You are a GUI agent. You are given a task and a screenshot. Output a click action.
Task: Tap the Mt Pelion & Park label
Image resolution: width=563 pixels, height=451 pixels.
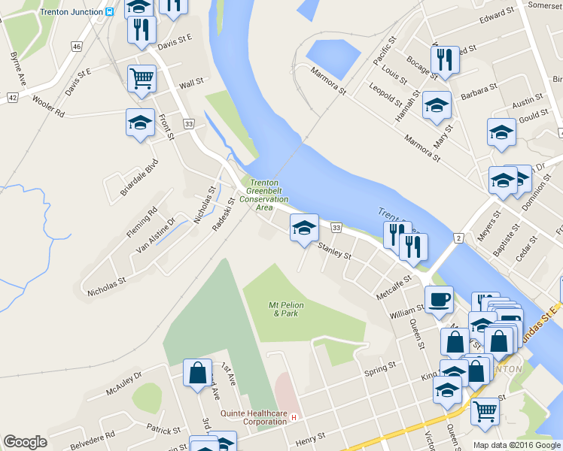pos(284,308)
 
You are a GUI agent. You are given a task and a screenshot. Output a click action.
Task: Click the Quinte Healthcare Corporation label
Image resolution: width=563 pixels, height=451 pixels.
pos(254,417)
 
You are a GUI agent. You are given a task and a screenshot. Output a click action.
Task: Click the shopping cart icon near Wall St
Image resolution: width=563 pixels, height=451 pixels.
pos(142,78)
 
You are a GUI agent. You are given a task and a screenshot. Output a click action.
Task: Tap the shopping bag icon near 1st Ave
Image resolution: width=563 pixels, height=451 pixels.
pos(197,373)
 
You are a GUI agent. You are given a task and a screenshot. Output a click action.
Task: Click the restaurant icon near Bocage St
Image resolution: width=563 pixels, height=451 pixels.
pos(445,60)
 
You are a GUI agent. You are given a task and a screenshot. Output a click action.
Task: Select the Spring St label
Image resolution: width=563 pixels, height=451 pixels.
pos(379,370)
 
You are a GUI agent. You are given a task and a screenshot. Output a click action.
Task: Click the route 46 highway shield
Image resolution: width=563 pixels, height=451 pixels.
pos(77,47)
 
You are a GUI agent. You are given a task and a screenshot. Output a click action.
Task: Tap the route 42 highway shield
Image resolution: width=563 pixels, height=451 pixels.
pos(12,98)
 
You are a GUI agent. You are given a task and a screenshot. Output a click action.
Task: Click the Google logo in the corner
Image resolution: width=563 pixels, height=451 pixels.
pos(25,442)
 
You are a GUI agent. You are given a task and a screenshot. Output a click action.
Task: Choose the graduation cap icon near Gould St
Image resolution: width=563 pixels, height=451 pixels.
pos(501,132)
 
